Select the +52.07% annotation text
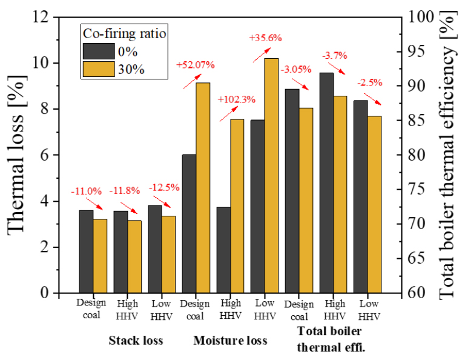click(x=195, y=64)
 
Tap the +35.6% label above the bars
click(x=266, y=38)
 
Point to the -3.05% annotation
click(x=295, y=70)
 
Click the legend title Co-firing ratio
click(x=125, y=32)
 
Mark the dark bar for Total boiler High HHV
click(x=326, y=182)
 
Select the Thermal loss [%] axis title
click(x=19, y=155)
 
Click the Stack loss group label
click(x=136, y=341)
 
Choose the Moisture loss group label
click(x=230, y=341)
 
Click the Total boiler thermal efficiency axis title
click(x=448, y=155)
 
